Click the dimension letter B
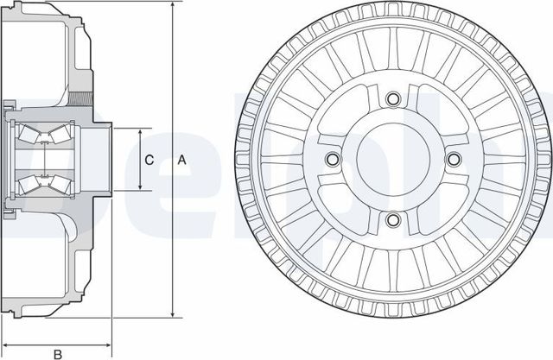pos(57,353)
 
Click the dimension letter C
pos(149,160)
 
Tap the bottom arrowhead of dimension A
pos(173,315)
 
